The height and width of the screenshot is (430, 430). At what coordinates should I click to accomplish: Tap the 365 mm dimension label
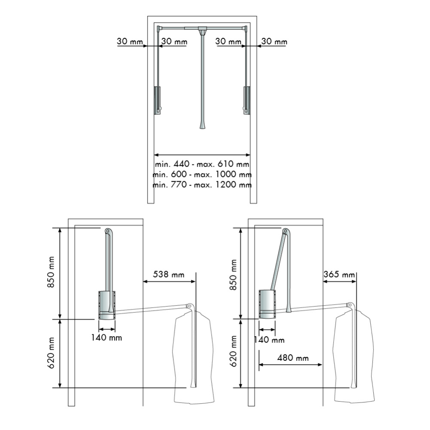coord(340,274)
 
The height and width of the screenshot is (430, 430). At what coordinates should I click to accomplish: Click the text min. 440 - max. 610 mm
coord(202,164)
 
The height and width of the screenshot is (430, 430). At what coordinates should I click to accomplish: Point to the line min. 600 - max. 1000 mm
coord(202,175)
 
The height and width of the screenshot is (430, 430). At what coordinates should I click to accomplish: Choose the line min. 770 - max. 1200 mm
coord(202,185)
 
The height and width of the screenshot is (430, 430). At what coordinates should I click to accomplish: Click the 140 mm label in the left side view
coord(106,337)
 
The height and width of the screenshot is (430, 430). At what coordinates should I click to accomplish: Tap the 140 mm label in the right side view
coord(269,340)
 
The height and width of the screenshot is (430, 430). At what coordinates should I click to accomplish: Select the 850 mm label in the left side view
coord(52,274)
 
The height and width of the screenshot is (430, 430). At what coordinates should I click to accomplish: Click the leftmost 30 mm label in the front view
coord(129,42)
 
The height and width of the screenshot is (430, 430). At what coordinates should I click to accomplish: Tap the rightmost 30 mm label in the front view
coord(274,42)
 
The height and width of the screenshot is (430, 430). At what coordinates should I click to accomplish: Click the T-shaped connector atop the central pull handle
coord(202,30)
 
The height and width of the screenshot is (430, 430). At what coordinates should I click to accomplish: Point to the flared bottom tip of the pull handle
coord(202,125)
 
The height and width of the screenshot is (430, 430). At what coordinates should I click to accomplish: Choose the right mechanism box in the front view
coord(247,100)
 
